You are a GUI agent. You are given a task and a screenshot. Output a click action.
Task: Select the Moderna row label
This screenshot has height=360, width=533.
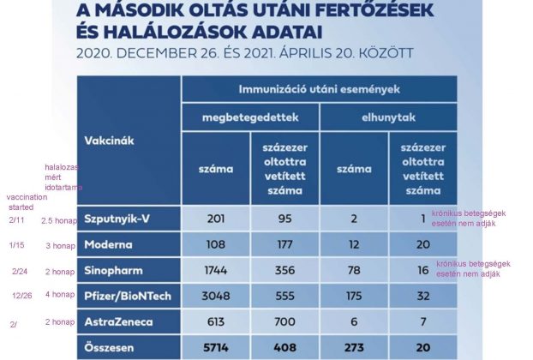click(x=110, y=244)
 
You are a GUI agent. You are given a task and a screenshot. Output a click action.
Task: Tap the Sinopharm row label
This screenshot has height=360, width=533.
click(x=114, y=271)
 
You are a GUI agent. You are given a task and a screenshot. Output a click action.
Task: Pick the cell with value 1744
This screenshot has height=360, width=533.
click(x=216, y=271)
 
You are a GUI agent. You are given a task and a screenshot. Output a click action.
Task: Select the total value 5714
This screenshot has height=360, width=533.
click(x=216, y=349)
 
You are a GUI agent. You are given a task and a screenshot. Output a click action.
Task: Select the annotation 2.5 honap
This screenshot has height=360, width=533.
click(x=61, y=220)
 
